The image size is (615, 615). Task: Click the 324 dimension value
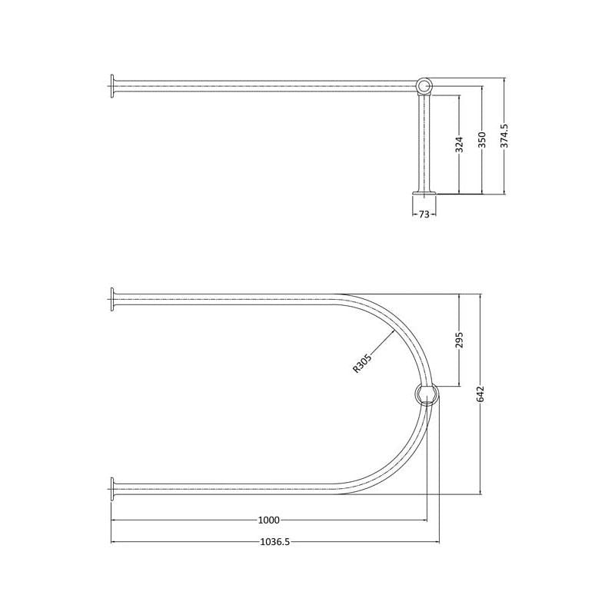pyautogui.click(x=460, y=145)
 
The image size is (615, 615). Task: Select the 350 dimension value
pyautogui.click(x=482, y=140)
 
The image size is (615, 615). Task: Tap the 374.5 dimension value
pyautogui.click(x=504, y=136)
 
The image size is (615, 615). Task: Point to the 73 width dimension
pyautogui.click(x=424, y=214)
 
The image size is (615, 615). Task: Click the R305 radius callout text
pyautogui.click(x=361, y=362)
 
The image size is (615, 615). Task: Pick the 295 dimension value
pyautogui.click(x=460, y=340)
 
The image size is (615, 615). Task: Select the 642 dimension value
pyautogui.click(x=481, y=394)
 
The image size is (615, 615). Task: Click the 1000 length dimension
pyautogui.click(x=269, y=520)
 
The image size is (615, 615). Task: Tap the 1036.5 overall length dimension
pyautogui.click(x=275, y=542)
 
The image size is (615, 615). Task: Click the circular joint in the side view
pyautogui.click(x=424, y=86)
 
